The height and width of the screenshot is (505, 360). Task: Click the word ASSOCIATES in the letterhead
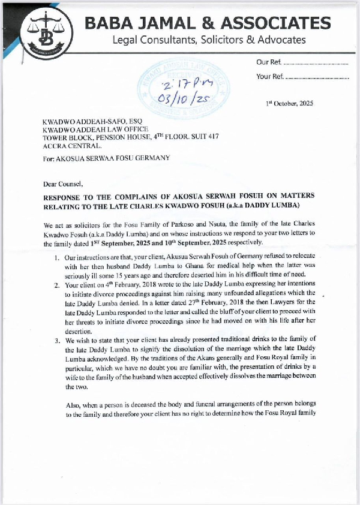tap(278, 23)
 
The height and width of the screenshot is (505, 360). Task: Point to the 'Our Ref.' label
tap(268, 62)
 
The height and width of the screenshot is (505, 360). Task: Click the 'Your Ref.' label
tap(269, 76)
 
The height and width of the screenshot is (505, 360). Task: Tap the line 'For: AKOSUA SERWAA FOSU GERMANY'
tap(106, 158)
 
